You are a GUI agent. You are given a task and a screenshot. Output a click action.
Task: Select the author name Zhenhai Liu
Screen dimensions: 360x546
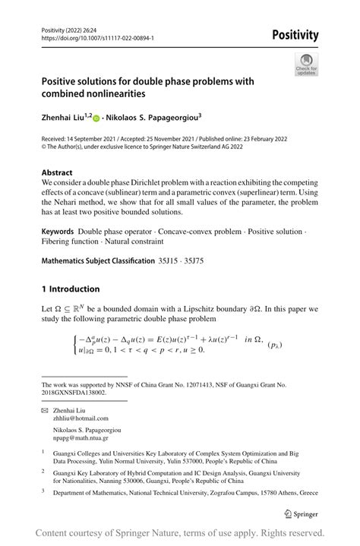click(x=65, y=118)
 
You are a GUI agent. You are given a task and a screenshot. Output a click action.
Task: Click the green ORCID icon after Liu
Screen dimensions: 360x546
click(x=96, y=118)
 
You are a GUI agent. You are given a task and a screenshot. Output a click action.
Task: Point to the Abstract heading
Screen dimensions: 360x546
click(x=57, y=172)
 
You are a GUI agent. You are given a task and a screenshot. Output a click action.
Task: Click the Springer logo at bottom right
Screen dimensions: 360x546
click(x=298, y=513)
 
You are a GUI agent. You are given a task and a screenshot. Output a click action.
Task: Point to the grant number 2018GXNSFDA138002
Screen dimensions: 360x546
click(x=74, y=393)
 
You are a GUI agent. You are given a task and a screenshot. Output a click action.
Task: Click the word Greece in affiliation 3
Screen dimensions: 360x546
click(x=304, y=492)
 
